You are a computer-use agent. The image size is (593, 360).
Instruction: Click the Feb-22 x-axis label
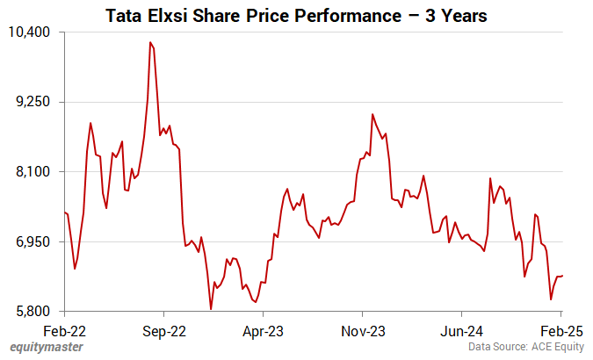[x=65, y=332]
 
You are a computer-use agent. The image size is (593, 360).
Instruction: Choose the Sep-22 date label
[x=164, y=332]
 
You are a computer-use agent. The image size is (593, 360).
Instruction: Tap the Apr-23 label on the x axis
[x=263, y=332]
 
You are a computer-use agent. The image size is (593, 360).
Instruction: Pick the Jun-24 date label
[x=462, y=332]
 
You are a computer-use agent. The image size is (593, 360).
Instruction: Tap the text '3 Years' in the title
[x=449, y=16]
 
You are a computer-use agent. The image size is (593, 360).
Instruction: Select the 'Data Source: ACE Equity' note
[x=525, y=348]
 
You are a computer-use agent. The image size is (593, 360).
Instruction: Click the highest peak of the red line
[x=150, y=42]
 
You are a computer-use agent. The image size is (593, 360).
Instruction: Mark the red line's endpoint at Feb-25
[x=561, y=276]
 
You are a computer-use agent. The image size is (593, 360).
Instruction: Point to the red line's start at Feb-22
[x=65, y=212]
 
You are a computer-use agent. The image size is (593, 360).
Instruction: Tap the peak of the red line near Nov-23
[x=372, y=114]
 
